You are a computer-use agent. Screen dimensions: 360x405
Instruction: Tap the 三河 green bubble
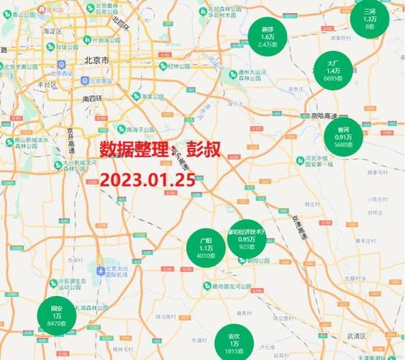point(370,19)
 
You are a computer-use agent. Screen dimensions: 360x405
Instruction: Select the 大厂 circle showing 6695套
point(333,71)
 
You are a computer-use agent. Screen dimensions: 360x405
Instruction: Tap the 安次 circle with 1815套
point(234,343)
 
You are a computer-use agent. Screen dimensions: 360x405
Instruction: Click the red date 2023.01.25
point(147,179)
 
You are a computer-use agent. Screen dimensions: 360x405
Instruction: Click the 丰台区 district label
point(47,84)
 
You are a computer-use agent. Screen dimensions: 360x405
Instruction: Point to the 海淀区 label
point(53,31)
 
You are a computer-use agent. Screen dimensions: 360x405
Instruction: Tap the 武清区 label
point(355,336)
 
